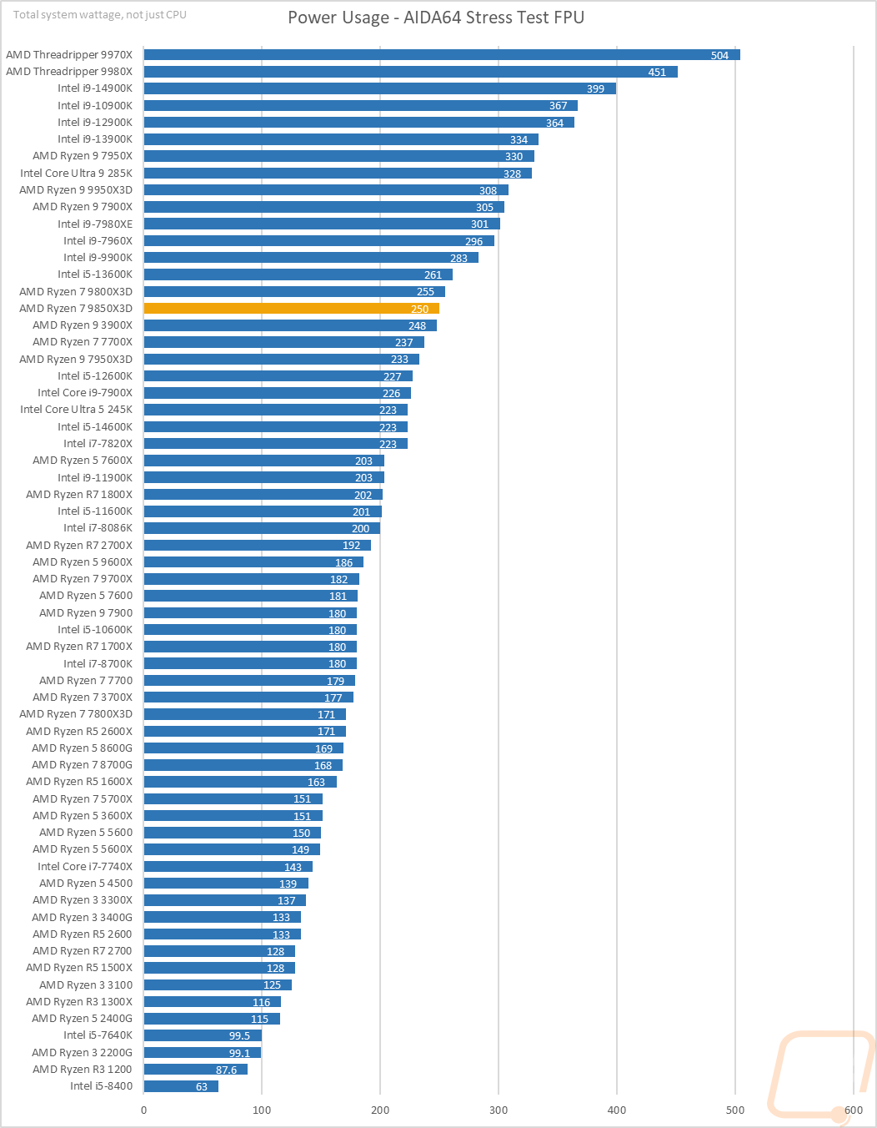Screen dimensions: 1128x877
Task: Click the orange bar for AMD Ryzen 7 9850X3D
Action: click(291, 309)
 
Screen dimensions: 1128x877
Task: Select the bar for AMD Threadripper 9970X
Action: click(442, 55)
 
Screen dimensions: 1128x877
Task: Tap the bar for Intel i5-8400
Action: click(181, 1086)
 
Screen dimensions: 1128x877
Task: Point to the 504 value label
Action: click(719, 56)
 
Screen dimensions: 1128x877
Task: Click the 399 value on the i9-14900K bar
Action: click(595, 89)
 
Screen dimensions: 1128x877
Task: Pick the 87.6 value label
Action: click(226, 1070)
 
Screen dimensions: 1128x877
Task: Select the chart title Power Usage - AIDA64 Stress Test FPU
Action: click(436, 18)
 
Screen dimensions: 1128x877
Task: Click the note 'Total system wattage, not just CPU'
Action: click(100, 15)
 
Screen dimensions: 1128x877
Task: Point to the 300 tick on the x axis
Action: click(499, 1110)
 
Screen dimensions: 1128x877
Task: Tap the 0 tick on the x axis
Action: click(144, 1110)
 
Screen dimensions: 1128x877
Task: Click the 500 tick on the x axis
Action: click(735, 1110)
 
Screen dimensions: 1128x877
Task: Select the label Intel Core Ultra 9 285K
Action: click(77, 174)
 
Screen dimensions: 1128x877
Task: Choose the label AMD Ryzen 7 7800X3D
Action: click(76, 714)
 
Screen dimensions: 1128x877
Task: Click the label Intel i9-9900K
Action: click(98, 258)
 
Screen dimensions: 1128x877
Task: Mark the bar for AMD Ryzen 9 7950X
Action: click(338, 157)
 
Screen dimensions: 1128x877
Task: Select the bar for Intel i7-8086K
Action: click(262, 528)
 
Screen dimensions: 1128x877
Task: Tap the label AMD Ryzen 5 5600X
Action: click(83, 849)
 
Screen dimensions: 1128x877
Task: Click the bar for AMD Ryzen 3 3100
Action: click(218, 985)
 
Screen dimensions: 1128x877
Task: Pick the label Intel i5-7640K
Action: click(98, 1035)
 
